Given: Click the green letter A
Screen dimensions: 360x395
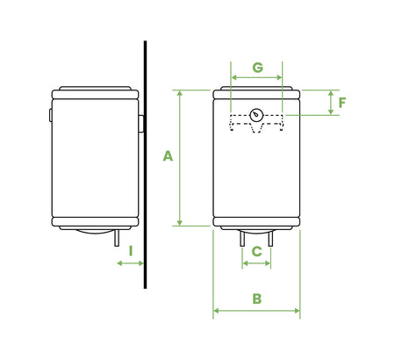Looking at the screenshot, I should [168, 156].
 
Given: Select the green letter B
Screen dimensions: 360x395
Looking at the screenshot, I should [256, 298].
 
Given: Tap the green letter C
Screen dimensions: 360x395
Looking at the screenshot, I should [256, 251].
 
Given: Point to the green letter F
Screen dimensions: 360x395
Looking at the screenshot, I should [341, 103].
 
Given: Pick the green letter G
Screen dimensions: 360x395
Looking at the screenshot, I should [257, 67].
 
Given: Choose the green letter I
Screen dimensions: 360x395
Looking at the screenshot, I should [130, 250].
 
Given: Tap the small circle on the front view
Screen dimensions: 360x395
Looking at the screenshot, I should [256, 114].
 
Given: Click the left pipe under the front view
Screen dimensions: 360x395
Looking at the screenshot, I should [243, 237].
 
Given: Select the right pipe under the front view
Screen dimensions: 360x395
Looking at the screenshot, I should [270, 237].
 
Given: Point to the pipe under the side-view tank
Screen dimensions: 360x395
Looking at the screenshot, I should [116, 239].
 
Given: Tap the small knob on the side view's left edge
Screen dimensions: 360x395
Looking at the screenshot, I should [50, 115].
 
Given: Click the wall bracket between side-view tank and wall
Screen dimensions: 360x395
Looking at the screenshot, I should [140, 122].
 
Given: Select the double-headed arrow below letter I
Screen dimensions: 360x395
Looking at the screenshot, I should [130, 263].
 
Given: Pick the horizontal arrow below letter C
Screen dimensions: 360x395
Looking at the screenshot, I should [256, 263].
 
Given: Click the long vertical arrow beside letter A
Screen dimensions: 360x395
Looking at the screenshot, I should [179, 158].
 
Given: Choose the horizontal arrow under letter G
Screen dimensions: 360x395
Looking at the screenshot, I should [256, 78].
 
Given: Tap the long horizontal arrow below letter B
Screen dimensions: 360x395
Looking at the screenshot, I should [256, 310].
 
